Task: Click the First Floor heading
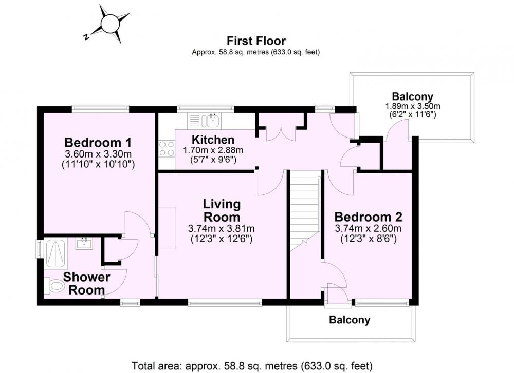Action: pyautogui.click(x=256, y=41)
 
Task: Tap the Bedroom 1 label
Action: pyautogui.click(x=98, y=143)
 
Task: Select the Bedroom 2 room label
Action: pyautogui.click(x=368, y=217)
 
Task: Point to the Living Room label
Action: pyautogui.click(x=222, y=210)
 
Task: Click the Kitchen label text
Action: pyautogui.click(x=213, y=140)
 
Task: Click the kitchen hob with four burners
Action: pyautogui.click(x=167, y=149)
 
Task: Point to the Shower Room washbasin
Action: pyautogui.click(x=84, y=243)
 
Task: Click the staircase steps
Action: pyautogui.click(x=305, y=211)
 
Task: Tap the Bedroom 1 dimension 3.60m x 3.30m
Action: pyautogui.click(x=98, y=154)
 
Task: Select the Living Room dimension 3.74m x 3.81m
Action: pyautogui.click(x=222, y=228)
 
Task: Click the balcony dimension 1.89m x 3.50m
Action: pyautogui.click(x=413, y=106)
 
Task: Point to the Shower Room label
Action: pyautogui.click(x=86, y=283)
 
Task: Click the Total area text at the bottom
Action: pyautogui.click(x=252, y=365)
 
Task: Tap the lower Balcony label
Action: pyautogui.click(x=350, y=319)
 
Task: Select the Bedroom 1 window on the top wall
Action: pyautogui.click(x=101, y=107)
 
